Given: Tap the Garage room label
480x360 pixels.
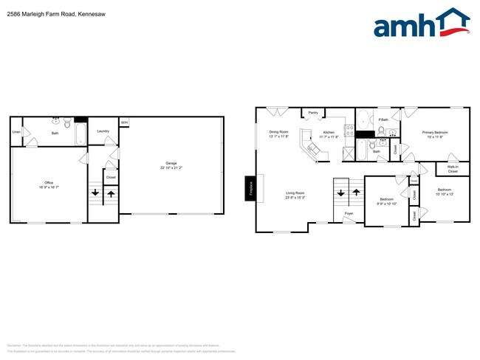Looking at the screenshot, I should point(171,163).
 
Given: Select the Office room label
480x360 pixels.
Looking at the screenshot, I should point(49,182).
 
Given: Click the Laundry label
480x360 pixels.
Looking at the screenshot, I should point(103,131).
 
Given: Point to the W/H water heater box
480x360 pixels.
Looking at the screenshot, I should point(124,122).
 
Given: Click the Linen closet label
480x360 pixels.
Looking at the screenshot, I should point(16,133).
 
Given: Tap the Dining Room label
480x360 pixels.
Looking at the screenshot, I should point(278,133).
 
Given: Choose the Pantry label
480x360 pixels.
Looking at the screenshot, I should point(313,114).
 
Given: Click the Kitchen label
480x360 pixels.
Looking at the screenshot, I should point(328,133).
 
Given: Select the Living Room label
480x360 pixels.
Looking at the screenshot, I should point(296,194).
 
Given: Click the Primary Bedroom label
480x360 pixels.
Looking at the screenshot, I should point(435,133).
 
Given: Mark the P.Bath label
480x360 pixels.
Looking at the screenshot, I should point(383,120).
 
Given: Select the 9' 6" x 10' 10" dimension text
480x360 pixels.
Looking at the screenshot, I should point(387,204).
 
